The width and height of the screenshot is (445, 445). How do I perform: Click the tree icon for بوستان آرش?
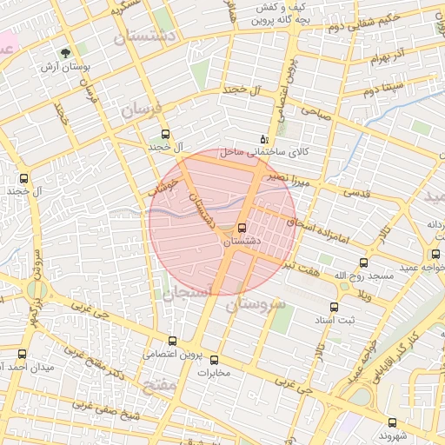[68, 53]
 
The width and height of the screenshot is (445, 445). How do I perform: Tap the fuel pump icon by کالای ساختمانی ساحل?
[264, 139]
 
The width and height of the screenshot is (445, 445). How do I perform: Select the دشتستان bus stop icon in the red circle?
[242, 229]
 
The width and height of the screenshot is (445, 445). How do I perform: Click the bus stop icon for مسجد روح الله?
[363, 262]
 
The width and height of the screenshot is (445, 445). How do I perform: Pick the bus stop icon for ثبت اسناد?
[334, 307]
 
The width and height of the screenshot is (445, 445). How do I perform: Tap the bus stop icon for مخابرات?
[215, 360]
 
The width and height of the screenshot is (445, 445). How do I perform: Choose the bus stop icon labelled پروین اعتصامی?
[172, 342]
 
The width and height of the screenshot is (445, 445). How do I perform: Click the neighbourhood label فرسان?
[142, 109]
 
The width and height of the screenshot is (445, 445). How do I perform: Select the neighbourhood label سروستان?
[256, 305]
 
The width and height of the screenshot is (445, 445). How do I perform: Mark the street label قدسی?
[358, 192]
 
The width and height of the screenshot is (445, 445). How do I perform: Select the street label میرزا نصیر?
[287, 178]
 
